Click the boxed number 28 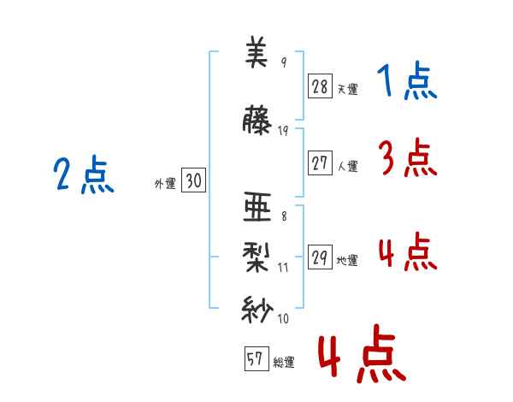[x=320, y=86]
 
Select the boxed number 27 [x=320, y=163]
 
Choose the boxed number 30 [x=193, y=180]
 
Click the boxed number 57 [x=255, y=360]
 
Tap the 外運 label [x=164, y=183]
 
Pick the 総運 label [x=283, y=363]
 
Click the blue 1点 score [x=407, y=82]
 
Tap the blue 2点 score [x=84, y=176]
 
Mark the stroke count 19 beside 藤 [x=284, y=130]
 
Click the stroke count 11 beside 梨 [x=284, y=267]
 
